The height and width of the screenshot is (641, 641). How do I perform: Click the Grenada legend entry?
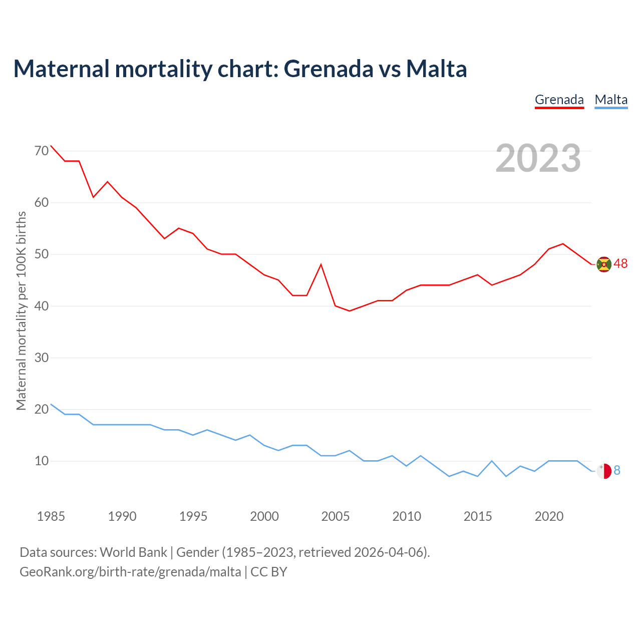(559, 100)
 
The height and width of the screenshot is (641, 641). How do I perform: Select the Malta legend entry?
(611, 100)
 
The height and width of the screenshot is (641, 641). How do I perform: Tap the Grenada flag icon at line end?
(604, 264)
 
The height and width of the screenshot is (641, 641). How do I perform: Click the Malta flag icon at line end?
(604, 471)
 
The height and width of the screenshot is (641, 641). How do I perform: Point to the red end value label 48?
(620, 264)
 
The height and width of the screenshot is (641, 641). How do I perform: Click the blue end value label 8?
(617, 471)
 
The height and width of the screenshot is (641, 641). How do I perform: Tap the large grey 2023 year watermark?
(538, 158)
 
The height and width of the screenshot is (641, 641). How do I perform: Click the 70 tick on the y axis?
(42, 151)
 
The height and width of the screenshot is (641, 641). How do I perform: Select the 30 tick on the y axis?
(42, 358)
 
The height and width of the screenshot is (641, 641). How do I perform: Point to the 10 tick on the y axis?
(42, 461)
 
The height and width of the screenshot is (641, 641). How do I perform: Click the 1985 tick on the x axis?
(51, 516)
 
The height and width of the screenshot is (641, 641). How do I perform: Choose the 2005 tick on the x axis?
(335, 516)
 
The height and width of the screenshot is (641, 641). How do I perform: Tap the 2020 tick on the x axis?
(549, 516)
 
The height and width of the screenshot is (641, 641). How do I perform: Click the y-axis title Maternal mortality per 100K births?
(21, 310)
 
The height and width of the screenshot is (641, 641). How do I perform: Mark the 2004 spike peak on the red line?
(321, 264)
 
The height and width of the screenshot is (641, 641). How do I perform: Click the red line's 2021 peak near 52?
(563, 244)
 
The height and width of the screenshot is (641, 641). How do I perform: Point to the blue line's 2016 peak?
(492, 461)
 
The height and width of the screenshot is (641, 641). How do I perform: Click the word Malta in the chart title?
(436, 69)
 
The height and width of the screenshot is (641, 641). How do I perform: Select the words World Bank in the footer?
(133, 552)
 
